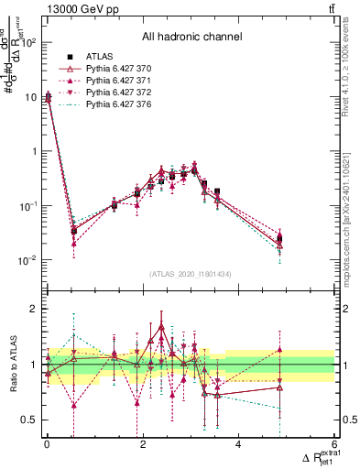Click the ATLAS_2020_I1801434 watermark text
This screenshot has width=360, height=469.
[x=190, y=274]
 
